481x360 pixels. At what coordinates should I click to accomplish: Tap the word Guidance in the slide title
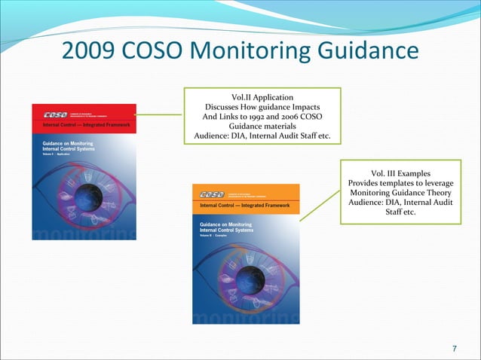[372, 52]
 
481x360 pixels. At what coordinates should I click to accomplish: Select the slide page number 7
[454, 348]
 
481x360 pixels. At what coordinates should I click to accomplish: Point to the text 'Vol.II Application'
[263, 97]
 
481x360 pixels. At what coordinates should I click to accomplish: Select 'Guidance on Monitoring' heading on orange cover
[226, 225]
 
